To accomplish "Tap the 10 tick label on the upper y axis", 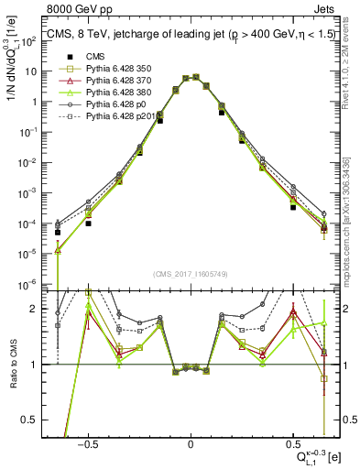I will coord(33,71).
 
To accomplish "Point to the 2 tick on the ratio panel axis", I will coord(38,309).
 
